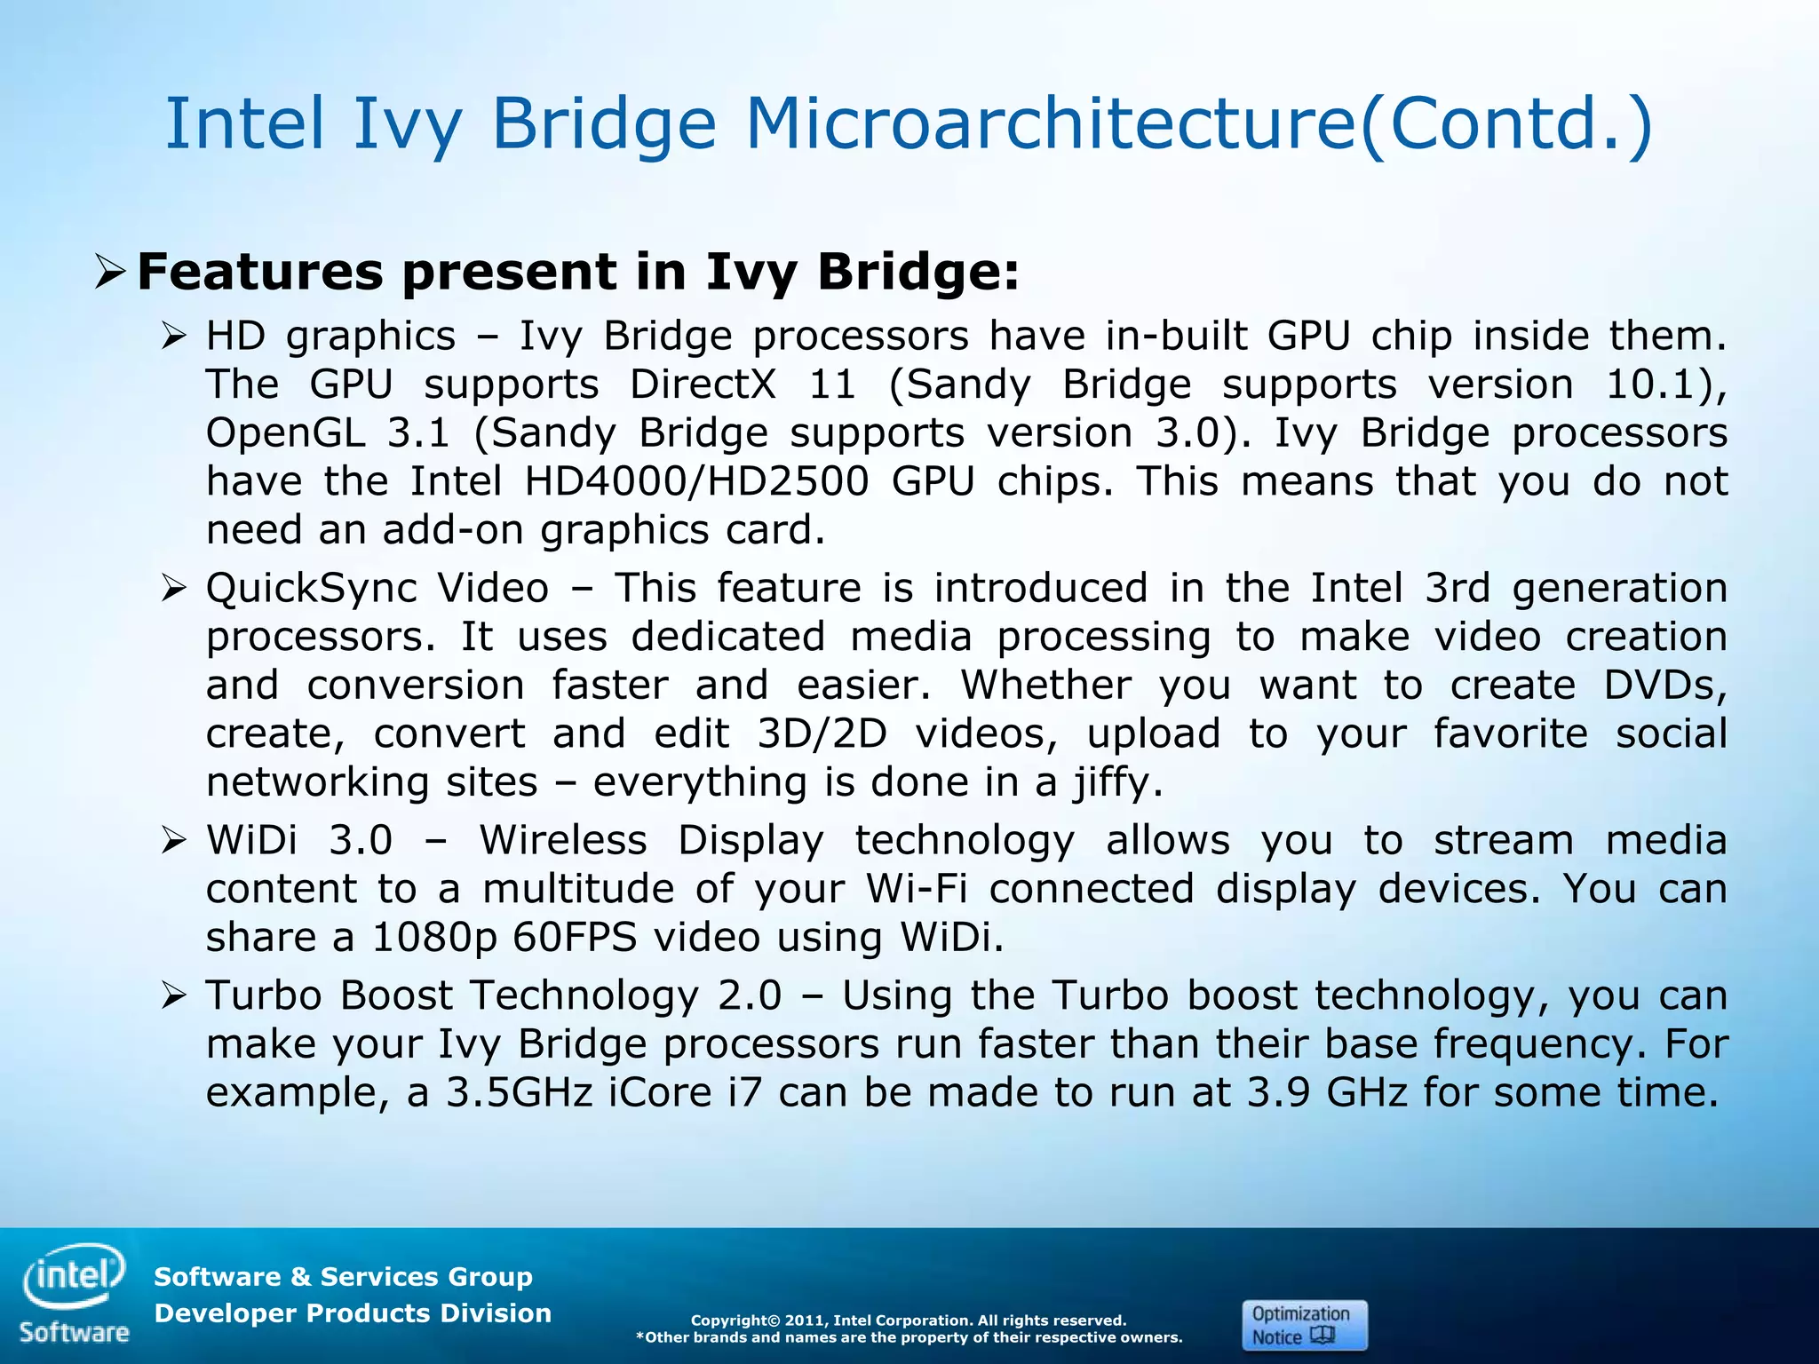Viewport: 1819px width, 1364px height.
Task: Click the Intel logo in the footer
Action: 75,1277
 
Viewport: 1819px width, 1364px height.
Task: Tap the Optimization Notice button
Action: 1304,1325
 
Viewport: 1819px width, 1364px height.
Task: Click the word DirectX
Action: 703,385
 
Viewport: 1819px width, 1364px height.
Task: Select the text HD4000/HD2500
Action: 696,481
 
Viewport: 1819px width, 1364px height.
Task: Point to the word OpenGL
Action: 285,433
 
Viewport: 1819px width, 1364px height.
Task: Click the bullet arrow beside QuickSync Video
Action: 174,588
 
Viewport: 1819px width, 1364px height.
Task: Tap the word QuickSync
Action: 311,590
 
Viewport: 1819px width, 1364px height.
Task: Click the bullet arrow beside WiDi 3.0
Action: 174,840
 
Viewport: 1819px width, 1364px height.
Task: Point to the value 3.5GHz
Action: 519,1092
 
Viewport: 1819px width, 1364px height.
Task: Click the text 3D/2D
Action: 822,734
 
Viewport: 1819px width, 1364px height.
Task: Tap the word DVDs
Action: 1664,686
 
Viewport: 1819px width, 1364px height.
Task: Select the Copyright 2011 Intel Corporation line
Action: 908,1320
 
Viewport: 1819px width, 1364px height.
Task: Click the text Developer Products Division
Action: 353,1313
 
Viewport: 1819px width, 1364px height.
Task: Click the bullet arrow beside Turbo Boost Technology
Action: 174,995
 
